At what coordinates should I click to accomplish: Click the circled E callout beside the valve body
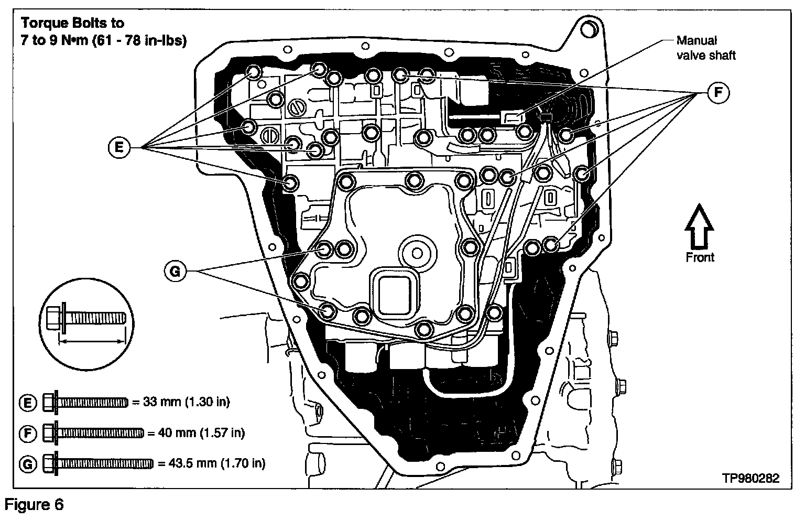(119, 148)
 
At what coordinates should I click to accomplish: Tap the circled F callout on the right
(718, 93)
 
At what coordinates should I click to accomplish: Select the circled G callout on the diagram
(175, 270)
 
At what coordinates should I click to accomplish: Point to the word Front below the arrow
(700, 257)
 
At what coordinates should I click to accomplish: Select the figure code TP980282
(750, 478)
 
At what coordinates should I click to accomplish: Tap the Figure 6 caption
(35, 505)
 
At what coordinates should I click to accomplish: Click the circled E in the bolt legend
(28, 403)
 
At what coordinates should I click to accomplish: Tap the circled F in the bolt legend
(28, 433)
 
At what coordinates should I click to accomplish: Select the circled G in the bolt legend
(28, 463)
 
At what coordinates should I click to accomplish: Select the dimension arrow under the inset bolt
(92, 341)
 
